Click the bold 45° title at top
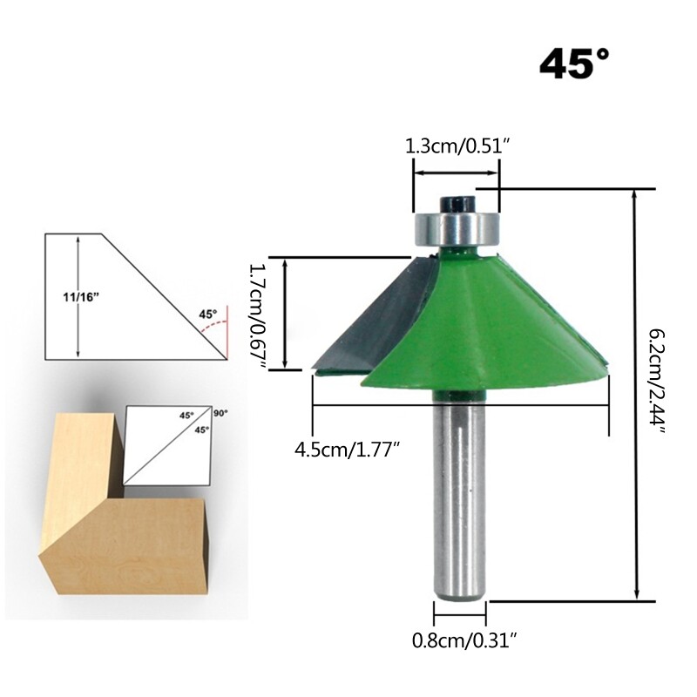click(575, 64)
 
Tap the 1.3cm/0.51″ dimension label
click(457, 146)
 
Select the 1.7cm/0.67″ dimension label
click(257, 317)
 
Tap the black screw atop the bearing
click(454, 202)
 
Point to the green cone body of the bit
click(488, 331)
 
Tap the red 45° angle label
click(207, 314)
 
